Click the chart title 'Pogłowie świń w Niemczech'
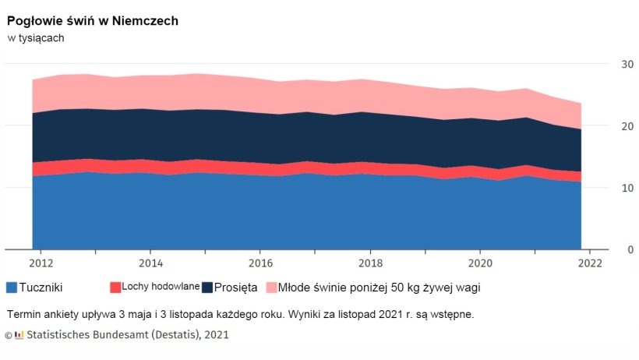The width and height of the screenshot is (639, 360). click(x=93, y=21)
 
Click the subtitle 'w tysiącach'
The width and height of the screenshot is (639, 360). click(x=36, y=37)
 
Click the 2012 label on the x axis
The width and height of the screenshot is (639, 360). click(x=41, y=263)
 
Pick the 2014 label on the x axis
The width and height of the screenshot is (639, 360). click(x=150, y=263)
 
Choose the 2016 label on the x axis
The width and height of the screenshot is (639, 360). click(x=260, y=263)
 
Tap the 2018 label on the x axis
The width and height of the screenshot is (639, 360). click(x=370, y=263)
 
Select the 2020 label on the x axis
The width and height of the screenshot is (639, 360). click(x=480, y=263)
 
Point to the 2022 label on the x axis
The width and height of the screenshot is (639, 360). click(x=590, y=263)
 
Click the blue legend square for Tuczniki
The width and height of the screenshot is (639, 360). click(x=12, y=288)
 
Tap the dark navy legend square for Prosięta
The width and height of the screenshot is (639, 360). click(x=207, y=288)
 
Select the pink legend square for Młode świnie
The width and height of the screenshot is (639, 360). click(x=271, y=288)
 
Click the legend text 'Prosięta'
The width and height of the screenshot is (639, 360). click(x=236, y=288)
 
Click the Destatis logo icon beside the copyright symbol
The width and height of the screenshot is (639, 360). click(x=19, y=335)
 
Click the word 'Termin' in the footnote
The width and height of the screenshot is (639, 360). click(x=23, y=315)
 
